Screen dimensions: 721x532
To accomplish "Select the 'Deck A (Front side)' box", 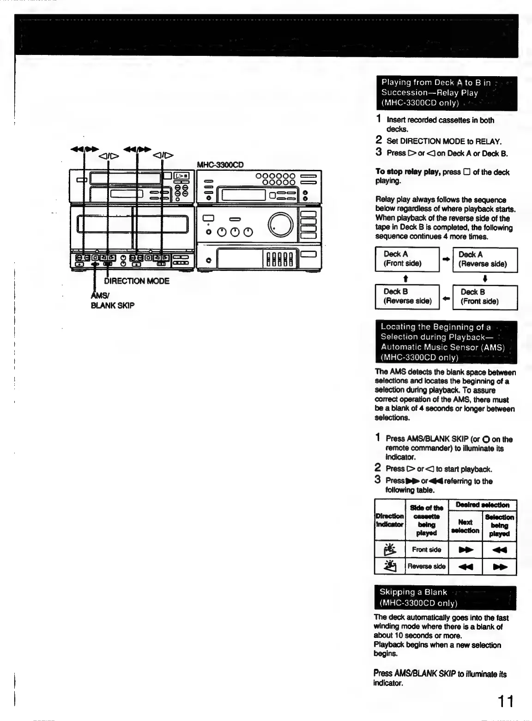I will (407, 259).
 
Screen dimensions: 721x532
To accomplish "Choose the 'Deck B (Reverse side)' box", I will (407, 296).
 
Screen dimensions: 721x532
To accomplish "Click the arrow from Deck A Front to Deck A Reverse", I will (446, 259).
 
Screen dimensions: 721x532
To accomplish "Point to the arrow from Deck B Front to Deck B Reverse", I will (446, 298).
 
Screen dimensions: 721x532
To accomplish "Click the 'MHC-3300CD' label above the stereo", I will (220, 164).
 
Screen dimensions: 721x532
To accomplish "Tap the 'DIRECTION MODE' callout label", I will (137, 281).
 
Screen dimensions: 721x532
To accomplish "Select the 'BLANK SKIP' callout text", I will (112, 305).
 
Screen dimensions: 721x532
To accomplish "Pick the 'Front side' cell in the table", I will (426, 550).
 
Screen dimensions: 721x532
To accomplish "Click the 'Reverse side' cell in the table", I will (426, 566).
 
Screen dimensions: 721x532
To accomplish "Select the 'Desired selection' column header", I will (482, 505).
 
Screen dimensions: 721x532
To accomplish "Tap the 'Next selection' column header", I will (465, 526).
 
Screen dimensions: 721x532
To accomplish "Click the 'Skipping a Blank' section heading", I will (413, 592).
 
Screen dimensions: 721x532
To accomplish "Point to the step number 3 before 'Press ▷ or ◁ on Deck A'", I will (378, 152).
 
